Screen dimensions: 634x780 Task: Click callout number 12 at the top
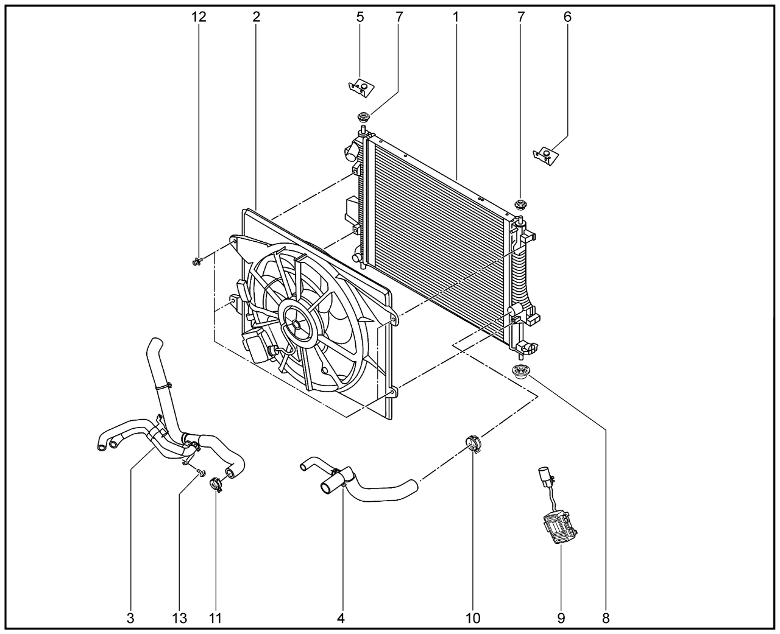point(199,17)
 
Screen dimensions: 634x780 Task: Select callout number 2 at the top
point(256,17)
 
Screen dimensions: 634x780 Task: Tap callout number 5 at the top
point(360,17)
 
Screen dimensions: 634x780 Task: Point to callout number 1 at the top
point(455,17)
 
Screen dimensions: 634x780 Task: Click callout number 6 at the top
point(567,17)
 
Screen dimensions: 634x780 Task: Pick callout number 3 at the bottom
point(130,618)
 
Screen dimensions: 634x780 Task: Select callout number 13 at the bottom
point(179,618)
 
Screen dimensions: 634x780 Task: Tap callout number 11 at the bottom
point(214,618)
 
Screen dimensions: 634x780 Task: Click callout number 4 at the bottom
point(341,618)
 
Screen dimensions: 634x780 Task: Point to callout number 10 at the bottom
point(473,618)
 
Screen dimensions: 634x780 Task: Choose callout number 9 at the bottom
point(561,618)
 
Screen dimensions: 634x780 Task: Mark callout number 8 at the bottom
point(606,618)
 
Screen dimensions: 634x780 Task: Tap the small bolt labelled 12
point(196,262)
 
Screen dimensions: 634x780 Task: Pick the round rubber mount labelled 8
point(520,373)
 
